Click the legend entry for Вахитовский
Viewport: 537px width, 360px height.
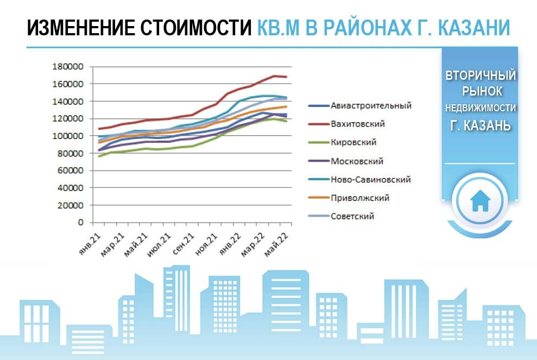(x=346, y=124)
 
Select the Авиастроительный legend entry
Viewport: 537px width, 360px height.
(x=360, y=105)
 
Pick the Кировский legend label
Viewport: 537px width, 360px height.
(x=343, y=142)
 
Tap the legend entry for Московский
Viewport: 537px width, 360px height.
(x=346, y=161)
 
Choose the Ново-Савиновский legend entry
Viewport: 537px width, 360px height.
(x=359, y=180)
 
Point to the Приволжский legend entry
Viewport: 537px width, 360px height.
(x=349, y=198)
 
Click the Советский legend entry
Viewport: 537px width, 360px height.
(x=341, y=216)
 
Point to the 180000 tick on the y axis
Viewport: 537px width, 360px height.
(x=68, y=66)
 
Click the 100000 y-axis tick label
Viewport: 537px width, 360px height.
(x=68, y=136)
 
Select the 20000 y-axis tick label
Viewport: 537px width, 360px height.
(x=71, y=205)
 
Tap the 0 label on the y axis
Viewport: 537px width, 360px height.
(x=80, y=223)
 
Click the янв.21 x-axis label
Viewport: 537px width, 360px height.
(x=90, y=244)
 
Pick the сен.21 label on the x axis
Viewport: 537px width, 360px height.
(x=183, y=244)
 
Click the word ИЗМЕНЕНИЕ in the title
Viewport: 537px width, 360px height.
(x=81, y=27)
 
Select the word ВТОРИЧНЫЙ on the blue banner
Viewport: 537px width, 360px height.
(x=480, y=75)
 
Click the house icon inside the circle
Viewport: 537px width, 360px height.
(x=480, y=201)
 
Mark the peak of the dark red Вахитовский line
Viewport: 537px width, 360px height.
(x=274, y=75)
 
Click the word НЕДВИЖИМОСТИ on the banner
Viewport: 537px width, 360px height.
(x=480, y=108)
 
